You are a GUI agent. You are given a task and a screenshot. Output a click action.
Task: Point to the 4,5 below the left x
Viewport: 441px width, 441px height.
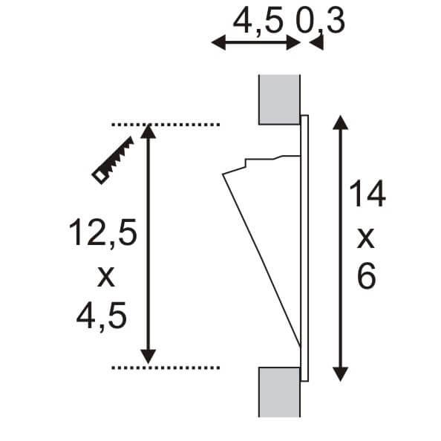point(102,318)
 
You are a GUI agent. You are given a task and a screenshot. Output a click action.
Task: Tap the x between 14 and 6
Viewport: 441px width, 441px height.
point(367,238)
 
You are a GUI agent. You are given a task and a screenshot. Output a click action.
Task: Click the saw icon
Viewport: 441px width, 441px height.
point(112,160)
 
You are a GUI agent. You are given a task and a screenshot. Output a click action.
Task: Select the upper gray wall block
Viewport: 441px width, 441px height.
point(279,99)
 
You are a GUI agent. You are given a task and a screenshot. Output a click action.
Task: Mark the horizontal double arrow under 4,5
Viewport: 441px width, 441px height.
point(256,43)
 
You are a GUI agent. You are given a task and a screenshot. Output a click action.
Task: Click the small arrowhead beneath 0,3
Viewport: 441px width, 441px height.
point(317,45)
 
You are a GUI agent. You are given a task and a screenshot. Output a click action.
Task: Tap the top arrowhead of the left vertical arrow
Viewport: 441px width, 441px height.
point(149,132)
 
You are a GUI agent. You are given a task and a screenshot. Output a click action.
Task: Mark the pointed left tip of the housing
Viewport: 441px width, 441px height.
point(224,174)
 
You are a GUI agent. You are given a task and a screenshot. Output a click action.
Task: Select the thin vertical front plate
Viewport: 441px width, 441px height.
point(304,245)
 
